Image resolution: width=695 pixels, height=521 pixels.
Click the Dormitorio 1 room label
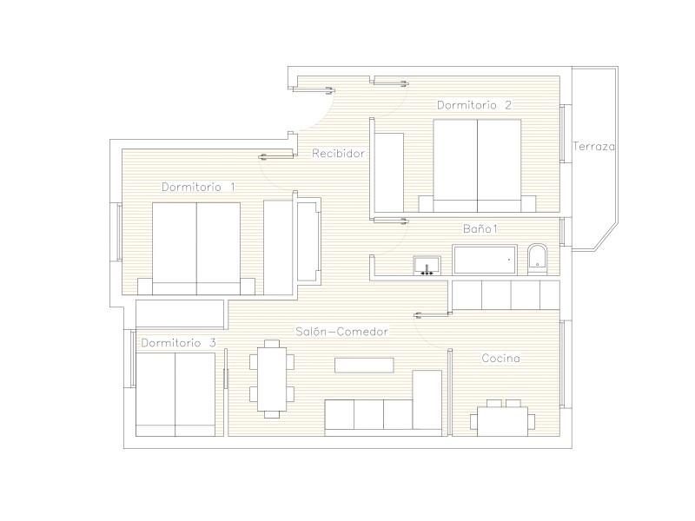(198, 187)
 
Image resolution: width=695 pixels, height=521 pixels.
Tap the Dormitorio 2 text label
(474, 105)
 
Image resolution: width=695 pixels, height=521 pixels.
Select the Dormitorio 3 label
(179, 343)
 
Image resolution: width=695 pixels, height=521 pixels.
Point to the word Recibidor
(339, 154)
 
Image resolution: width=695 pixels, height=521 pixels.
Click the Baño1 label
(480, 228)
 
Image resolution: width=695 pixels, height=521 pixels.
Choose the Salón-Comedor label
(341, 332)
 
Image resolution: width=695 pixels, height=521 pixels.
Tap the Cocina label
(501, 358)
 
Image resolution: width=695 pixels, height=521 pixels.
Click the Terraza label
(594, 146)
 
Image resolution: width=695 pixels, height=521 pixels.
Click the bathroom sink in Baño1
(427, 266)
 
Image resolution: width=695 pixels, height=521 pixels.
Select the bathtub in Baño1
(485, 260)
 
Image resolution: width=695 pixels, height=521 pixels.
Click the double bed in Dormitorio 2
(477, 166)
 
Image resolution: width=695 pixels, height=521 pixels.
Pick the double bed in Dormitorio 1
(196, 248)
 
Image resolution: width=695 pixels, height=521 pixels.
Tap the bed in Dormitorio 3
(175, 394)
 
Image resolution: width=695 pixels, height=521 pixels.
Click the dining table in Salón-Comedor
(272, 379)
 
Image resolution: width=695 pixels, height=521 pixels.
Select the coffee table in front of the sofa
(364, 366)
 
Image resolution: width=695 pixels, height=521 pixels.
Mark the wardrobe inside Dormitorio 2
(389, 172)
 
